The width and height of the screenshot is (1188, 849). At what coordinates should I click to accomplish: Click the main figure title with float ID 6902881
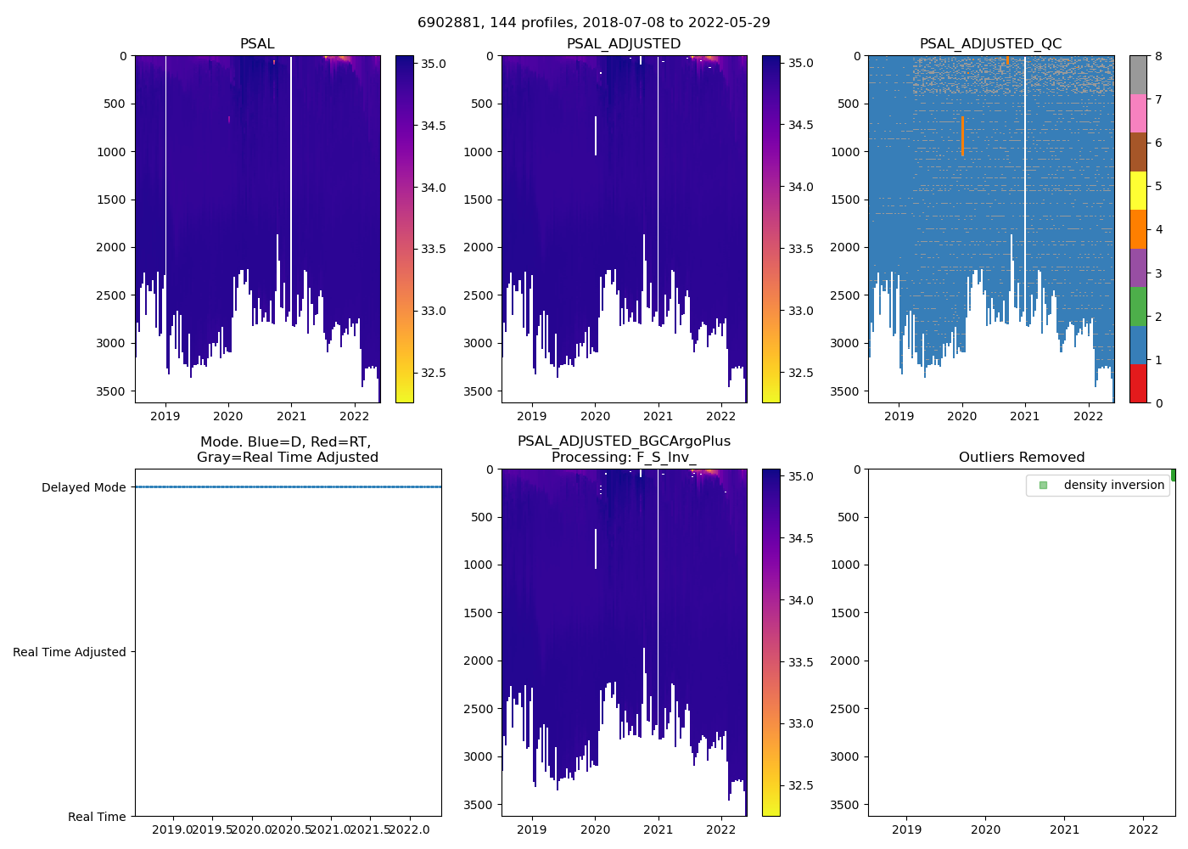pyautogui.click(x=593, y=23)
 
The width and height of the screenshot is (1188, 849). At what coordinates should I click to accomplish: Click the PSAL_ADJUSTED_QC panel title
pyautogui.click(x=990, y=44)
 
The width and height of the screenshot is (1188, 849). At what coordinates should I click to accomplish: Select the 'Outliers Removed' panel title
pyautogui.click(x=1021, y=458)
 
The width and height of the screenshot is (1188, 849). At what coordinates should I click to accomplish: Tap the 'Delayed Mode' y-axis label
pyautogui.click(x=83, y=487)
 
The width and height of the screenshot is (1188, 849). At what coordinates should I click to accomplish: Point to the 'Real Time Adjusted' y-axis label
pyautogui.click(x=69, y=652)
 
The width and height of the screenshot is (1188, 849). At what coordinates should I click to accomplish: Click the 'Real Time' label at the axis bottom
pyautogui.click(x=97, y=817)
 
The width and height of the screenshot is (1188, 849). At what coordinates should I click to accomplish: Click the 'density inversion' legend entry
pyautogui.click(x=1113, y=485)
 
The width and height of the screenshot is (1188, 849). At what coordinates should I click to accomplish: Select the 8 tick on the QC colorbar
pyautogui.click(x=1158, y=56)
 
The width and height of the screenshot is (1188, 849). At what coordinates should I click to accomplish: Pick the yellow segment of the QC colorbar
pyautogui.click(x=1138, y=191)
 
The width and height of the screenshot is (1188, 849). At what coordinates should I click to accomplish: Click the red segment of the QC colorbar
pyautogui.click(x=1138, y=384)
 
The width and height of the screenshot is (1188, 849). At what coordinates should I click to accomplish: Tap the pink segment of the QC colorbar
pyautogui.click(x=1138, y=114)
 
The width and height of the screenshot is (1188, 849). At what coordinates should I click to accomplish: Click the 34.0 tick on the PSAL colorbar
pyautogui.click(x=434, y=188)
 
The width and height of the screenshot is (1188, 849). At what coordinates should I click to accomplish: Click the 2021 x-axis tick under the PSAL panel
pyautogui.click(x=291, y=416)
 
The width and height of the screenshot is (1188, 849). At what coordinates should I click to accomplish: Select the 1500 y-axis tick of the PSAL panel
pyautogui.click(x=113, y=200)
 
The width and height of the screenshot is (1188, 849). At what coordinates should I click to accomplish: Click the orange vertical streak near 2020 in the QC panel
pyautogui.click(x=962, y=136)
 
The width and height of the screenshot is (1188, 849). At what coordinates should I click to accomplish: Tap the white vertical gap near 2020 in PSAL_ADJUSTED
pyautogui.click(x=596, y=136)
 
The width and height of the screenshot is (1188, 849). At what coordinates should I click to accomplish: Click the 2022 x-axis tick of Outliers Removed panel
pyautogui.click(x=1143, y=829)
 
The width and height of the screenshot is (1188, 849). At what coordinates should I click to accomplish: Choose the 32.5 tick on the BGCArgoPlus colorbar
pyautogui.click(x=801, y=785)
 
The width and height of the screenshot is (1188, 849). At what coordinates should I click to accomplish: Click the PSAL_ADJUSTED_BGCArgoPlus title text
pyautogui.click(x=624, y=441)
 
